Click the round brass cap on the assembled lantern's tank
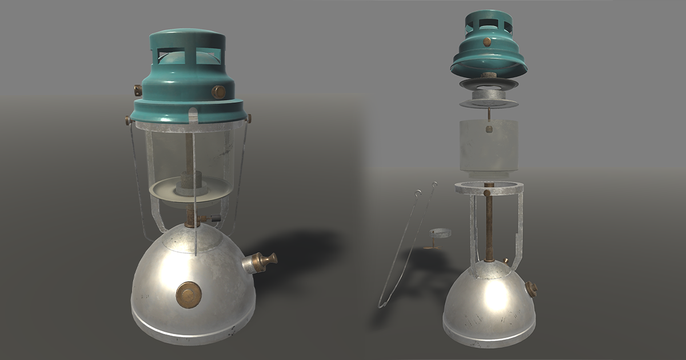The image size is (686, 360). (x=188, y=294)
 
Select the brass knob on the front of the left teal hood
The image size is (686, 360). (x=218, y=91)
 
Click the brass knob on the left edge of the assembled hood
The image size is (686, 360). (x=138, y=90)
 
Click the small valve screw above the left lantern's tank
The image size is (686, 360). (x=213, y=218)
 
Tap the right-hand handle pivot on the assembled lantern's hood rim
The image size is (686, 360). (x=249, y=118)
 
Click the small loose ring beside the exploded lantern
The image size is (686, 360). (x=440, y=233)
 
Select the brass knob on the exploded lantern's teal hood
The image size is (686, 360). (x=487, y=42)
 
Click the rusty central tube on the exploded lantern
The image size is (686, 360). (x=489, y=229)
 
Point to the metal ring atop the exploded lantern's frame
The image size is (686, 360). (x=489, y=188)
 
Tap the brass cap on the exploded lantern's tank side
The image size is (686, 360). (x=532, y=289)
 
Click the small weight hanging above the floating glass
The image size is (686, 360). (x=489, y=129)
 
